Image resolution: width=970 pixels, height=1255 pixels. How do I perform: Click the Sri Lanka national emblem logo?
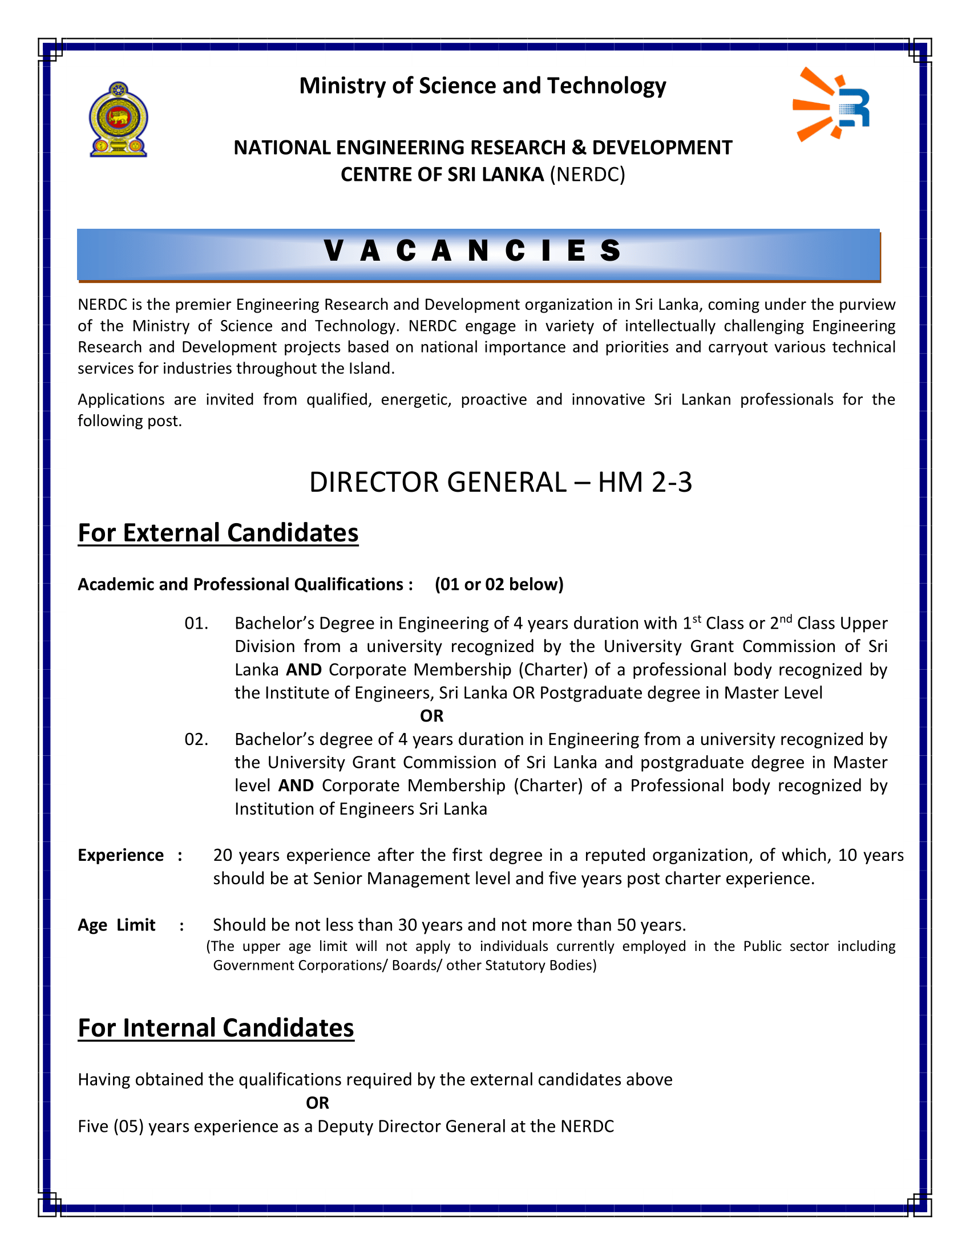(118, 120)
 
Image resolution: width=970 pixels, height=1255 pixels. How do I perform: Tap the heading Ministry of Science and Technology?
(483, 86)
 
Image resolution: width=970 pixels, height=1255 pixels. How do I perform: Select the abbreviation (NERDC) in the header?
(587, 175)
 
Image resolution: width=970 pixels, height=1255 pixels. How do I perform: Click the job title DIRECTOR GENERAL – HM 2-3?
(500, 482)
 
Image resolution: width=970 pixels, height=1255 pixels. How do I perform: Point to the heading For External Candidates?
(218, 533)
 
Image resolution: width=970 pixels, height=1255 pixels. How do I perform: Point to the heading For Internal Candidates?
(216, 1028)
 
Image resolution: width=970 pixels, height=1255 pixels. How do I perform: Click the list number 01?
(196, 624)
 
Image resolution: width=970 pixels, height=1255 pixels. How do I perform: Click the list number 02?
(196, 739)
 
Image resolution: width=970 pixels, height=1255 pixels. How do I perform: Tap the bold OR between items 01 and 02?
(431, 716)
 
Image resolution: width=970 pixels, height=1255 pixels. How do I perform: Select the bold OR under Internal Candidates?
(317, 1103)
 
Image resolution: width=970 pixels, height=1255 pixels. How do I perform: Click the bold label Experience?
(120, 856)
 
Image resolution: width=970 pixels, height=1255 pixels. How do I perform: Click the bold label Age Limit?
(116, 925)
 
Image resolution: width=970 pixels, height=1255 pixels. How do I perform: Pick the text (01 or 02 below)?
(499, 584)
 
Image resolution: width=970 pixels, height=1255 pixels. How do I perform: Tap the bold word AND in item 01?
(304, 670)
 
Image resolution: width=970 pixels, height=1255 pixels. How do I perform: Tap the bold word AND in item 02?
(296, 786)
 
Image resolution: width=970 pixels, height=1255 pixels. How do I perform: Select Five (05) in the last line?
(110, 1127)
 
